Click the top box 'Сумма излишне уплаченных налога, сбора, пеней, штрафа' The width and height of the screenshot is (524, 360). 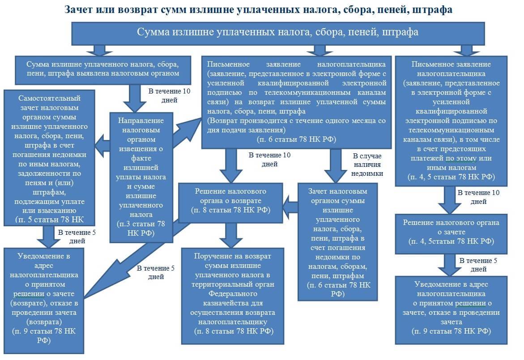click(x=277, y=33)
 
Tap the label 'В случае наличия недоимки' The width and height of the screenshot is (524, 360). click(x=367, y=164)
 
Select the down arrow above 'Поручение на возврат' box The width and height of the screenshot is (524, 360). click(x=231, y=234)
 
